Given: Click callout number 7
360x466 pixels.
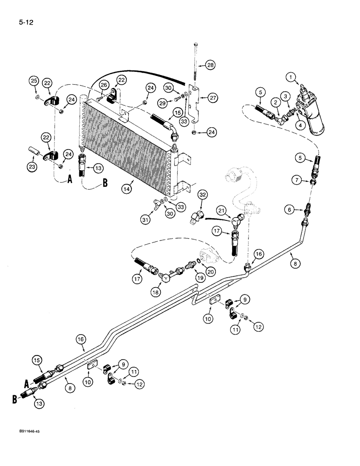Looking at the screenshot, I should (310, 179).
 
